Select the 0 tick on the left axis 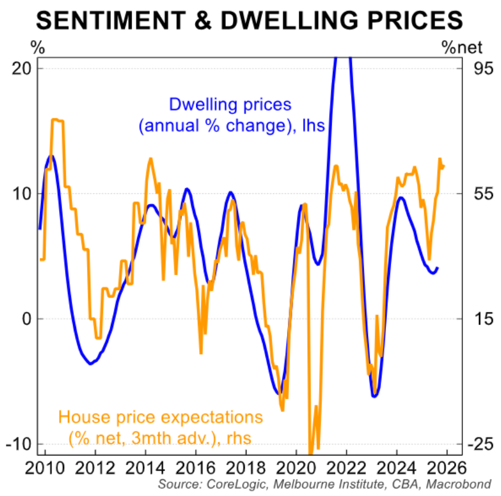pos(27,319)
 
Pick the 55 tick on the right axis pos(480,193)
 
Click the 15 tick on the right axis pos(480,319)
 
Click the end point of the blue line pos(438,268)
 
